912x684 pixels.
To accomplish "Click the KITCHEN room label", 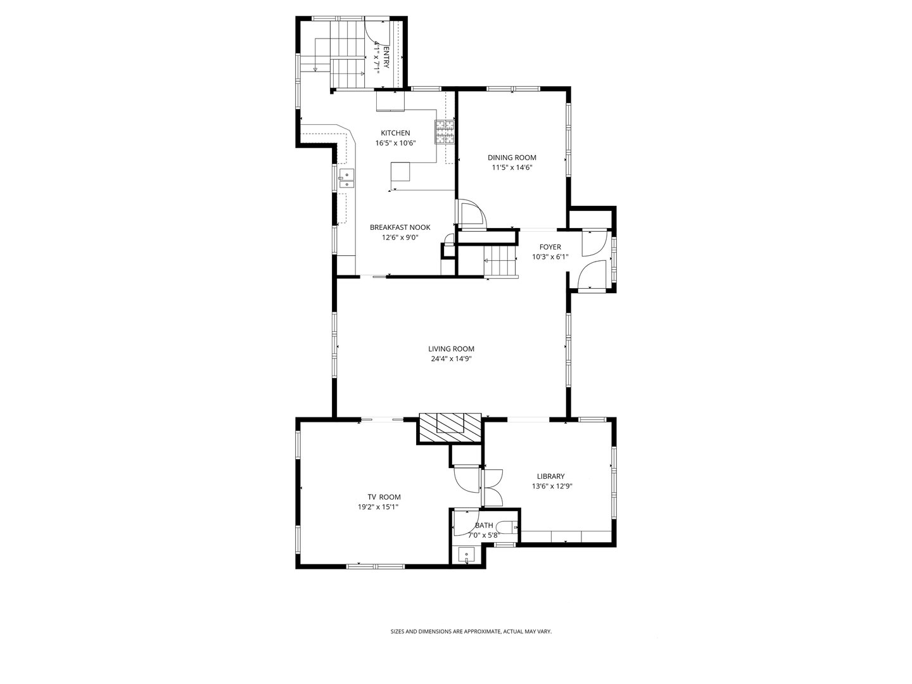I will [395, 133].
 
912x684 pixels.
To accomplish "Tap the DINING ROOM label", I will [512, 158].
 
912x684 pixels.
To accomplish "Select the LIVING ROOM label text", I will [451, 349].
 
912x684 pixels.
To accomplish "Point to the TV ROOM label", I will [384, 497].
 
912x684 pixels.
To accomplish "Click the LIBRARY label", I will [550, 477].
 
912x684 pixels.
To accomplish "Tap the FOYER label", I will [550, 247].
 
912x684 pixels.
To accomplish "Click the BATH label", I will [484, 525].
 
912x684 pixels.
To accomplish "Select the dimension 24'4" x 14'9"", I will [451, 359].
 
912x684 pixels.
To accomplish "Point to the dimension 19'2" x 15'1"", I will [378, 507].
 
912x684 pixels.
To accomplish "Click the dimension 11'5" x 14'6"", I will [512, 168].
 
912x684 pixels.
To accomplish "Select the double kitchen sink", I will [346, 179].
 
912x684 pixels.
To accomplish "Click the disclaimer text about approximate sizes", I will [471, 631].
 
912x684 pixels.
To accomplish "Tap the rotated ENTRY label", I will [382, 57].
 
